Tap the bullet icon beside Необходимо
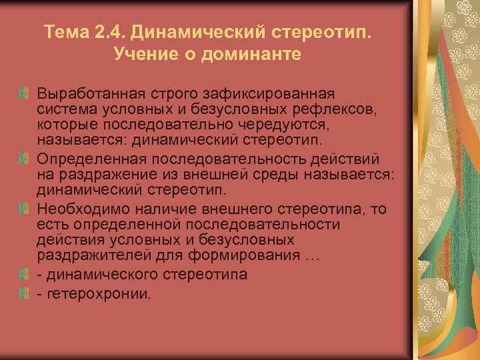click(x=24, y=209)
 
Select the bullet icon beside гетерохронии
click(x=24, y=292)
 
